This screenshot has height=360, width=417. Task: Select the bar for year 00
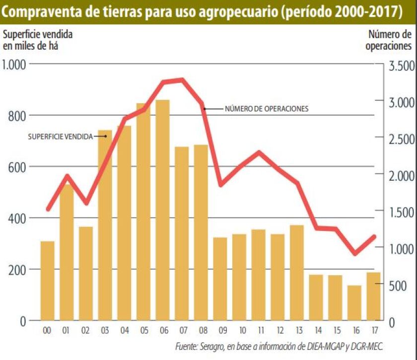[48, 281]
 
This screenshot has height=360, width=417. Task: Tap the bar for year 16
[354, 303]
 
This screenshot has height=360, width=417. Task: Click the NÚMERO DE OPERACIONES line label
[267, 109]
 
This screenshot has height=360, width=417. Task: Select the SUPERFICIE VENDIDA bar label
[60, 136]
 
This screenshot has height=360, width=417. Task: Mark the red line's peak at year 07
[182, 79]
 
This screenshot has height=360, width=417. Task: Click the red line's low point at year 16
[354, 254]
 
